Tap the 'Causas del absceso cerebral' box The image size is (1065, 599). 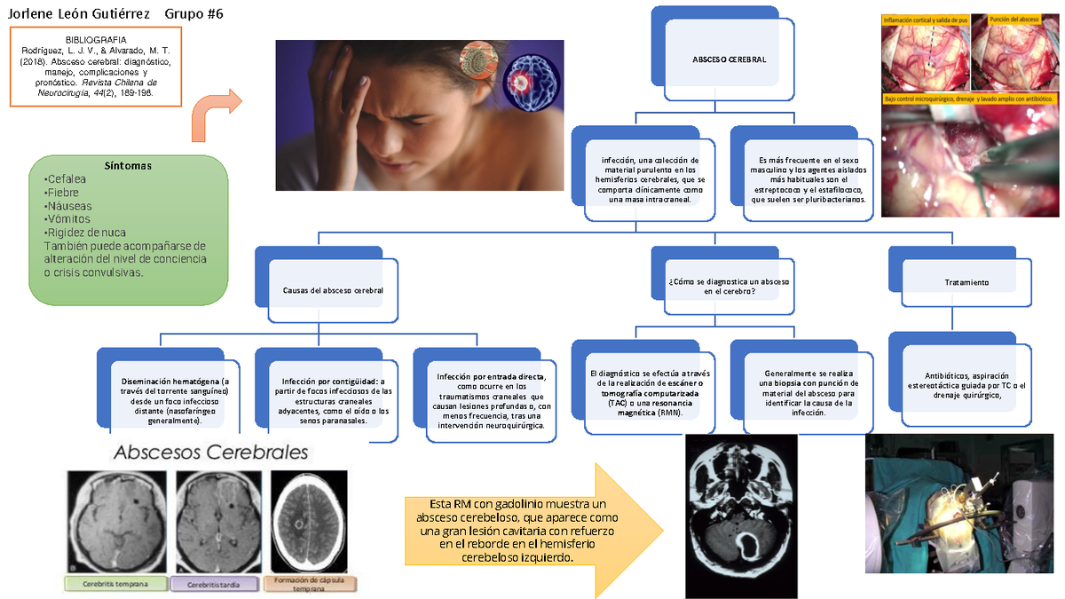pos(333,291)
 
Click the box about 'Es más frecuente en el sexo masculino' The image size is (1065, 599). pos(808,174)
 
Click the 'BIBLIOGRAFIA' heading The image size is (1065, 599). pos(96,40)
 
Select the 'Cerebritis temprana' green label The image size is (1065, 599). pos(116,584)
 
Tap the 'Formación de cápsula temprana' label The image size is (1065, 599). pos(310,584)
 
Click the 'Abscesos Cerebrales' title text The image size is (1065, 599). pos(209,452)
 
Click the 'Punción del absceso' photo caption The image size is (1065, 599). pos(1014,19)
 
